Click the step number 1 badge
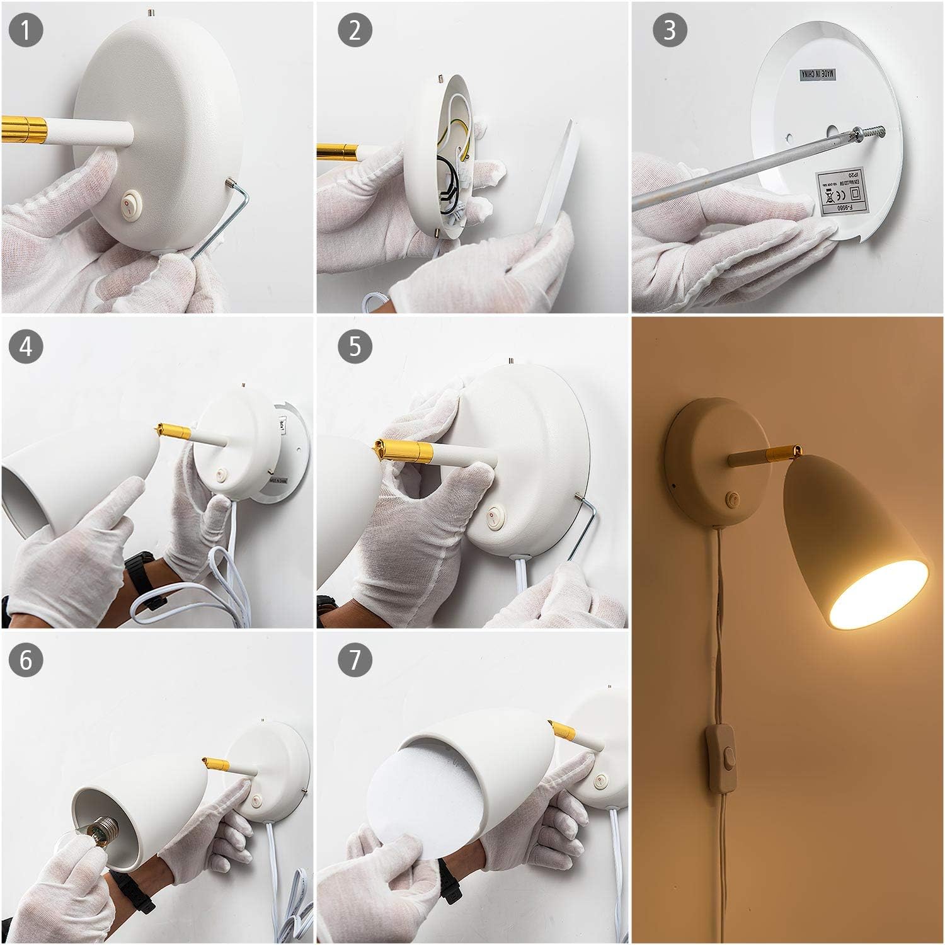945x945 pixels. pyautogui.click(x=26, y=31)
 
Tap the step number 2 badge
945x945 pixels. pyautogui.click(x=355, y=31)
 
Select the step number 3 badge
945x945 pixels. pyautogui.click(x=670, y=31)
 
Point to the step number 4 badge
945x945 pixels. pyautogui.click(x=26, y=346)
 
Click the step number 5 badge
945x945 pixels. pyautogui.click(x=355, y=346)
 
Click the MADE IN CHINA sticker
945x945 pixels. pyautogui.click(x=817, y=74)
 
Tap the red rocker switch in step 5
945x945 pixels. pyautogui.click(x=491, y=517)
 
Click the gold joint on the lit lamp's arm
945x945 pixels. pyautogui.click(x=779, y=452)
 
